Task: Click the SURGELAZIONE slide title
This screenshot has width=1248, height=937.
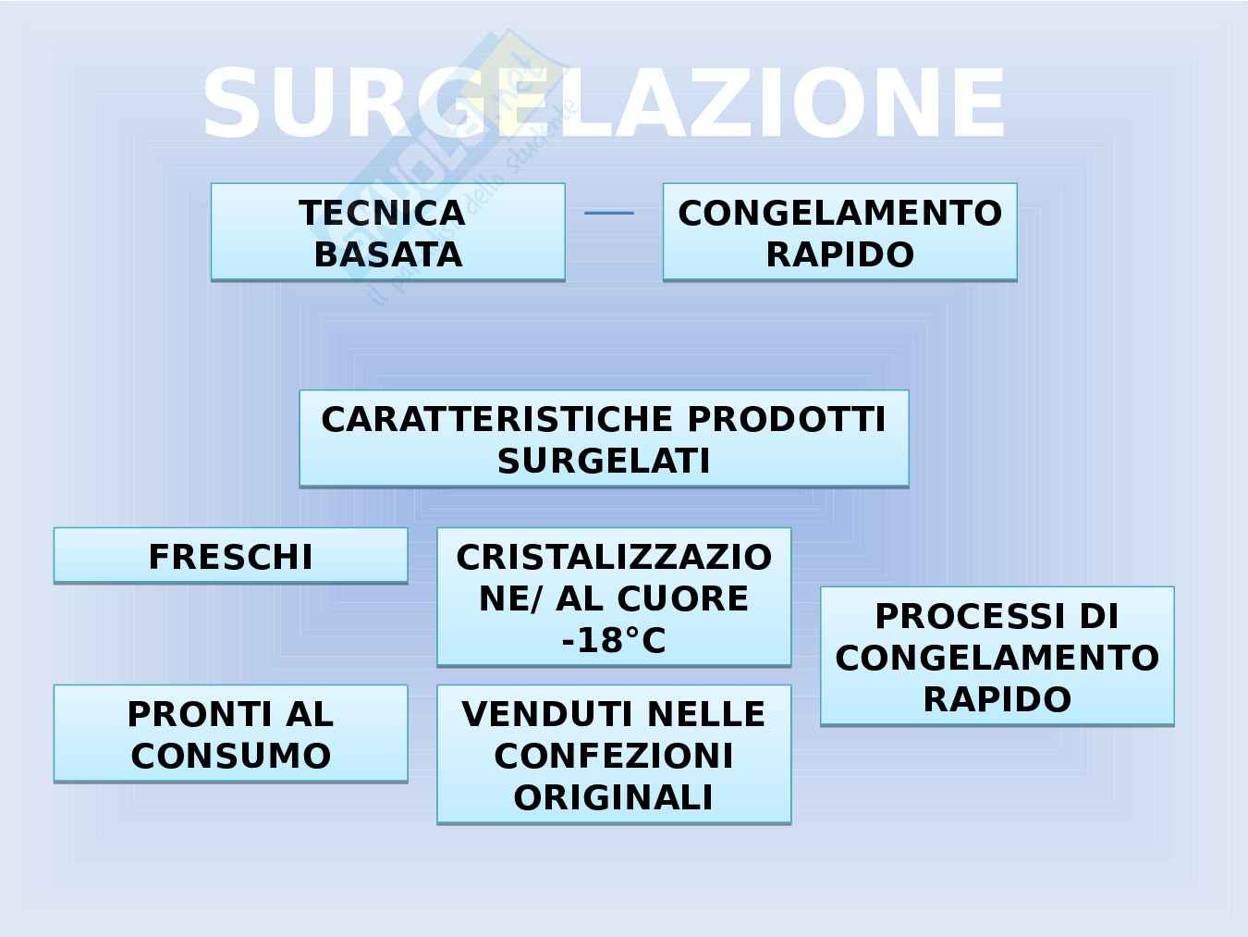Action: (x=604, y=103)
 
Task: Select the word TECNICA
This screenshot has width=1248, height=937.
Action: (x=382, y=214)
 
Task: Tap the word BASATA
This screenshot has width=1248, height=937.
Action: (x=387, y=254)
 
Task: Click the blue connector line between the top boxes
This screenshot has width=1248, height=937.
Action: (x=609, y=214)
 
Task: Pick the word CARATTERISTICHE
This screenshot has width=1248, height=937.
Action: (x=497, y=419)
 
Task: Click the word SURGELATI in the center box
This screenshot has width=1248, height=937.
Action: (x=604, y=461)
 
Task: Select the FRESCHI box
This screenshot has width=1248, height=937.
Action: (x=230, y=556)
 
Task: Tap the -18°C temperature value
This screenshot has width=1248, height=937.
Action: (x=614, y=640)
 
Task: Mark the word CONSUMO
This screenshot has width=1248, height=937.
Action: (x=230, y=756)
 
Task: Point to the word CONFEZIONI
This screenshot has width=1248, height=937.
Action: (x=614, y=756)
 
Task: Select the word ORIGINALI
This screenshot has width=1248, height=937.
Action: (x=614, y=797)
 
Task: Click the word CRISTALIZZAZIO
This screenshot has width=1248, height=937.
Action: (x=614, y=557)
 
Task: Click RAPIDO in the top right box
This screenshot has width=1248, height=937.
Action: (x=839, y=254)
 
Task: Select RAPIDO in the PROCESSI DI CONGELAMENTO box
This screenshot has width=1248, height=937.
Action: (x=997, y=698)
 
